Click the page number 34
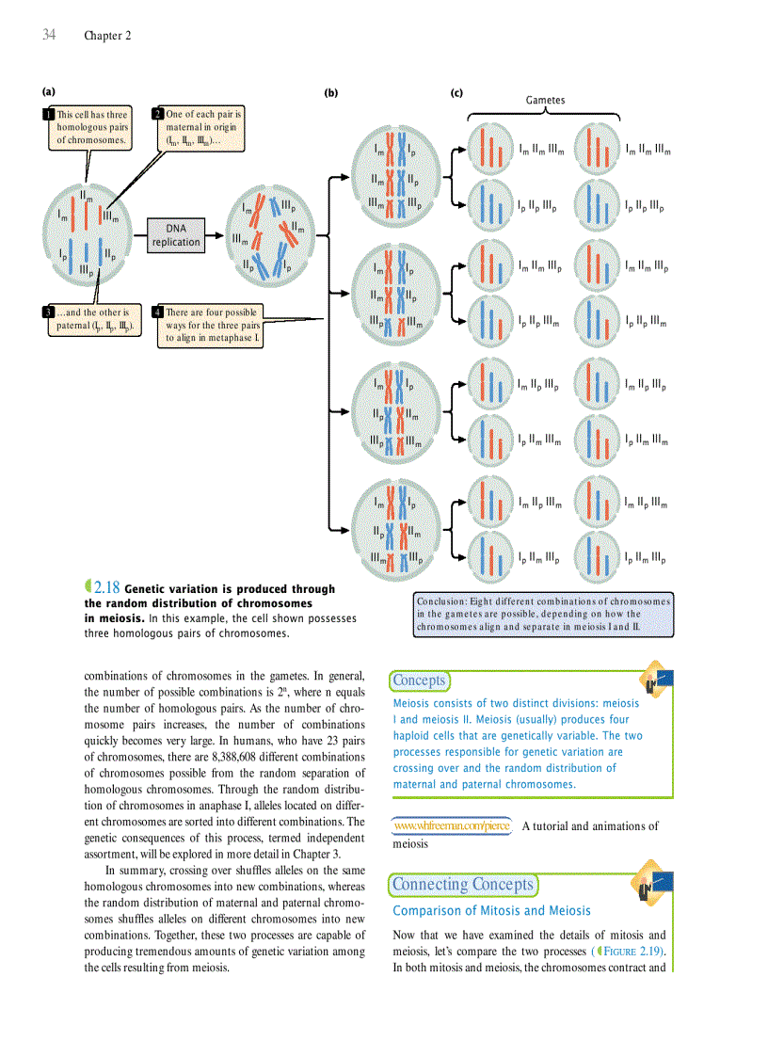(x=49, y=35)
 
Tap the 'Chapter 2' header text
(x=107, y=36)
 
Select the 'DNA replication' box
(x=176, y=235)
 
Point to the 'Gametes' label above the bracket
(x=545, y=100)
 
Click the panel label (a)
(x=48, y=92)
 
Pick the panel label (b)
(x=330, y=92)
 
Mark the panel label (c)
(x=456, y=92)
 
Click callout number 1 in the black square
(x=48, y=115)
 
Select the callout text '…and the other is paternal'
(x=97, y=319)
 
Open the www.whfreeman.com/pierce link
(x=452, y=826)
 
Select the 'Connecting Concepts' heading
(x=462, y=884)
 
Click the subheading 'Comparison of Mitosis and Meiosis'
(x=491, y=910)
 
